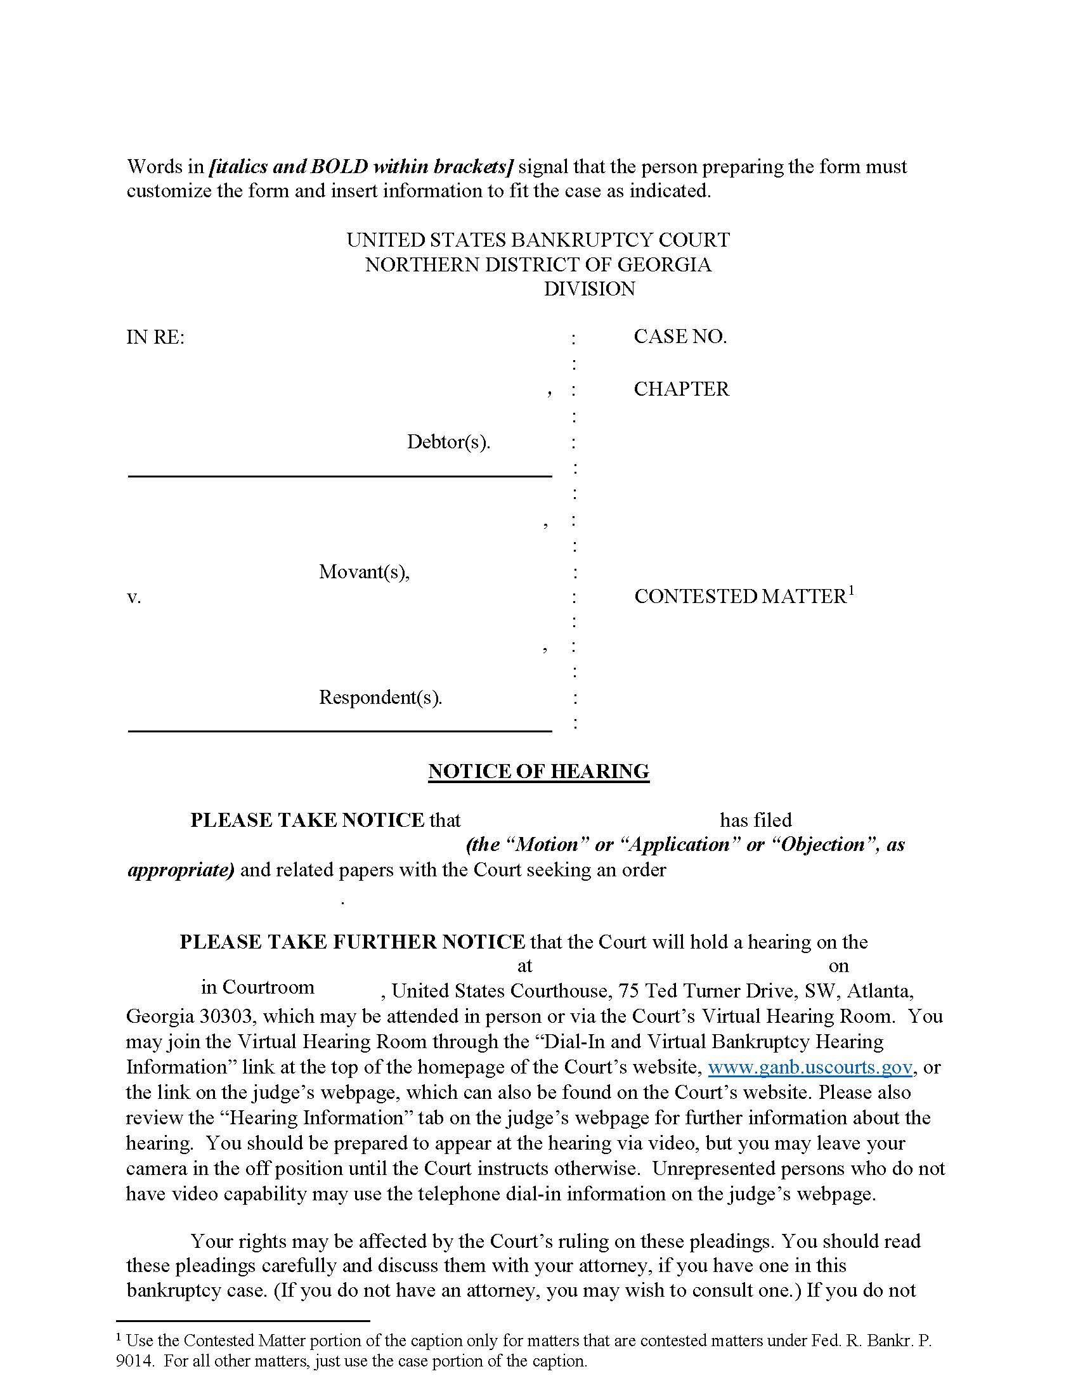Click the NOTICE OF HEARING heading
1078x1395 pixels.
[x=538, y=771]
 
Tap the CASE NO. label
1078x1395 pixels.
[x=680, y=337]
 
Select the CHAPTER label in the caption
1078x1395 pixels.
[x=682, y=389]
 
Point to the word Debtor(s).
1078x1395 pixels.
[x=448, y=442]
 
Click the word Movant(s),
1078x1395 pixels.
[x=364, y=571]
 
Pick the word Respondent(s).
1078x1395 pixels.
[x=380, y=697]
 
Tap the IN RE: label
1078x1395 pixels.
[x=155, y=337]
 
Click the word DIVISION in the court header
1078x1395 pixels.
[x=590, y=289]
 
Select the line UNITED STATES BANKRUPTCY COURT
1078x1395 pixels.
[x=538, y=240]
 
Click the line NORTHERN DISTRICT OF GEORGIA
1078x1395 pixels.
[x=538, y=264]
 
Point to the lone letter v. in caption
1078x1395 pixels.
[x=133, y=597]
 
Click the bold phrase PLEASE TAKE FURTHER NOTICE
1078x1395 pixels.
[x=352, y=942]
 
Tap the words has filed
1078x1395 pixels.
[x=755, y=820]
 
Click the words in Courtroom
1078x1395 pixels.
[x=257, y=987]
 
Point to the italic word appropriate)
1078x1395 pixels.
[x=181, y=870]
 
